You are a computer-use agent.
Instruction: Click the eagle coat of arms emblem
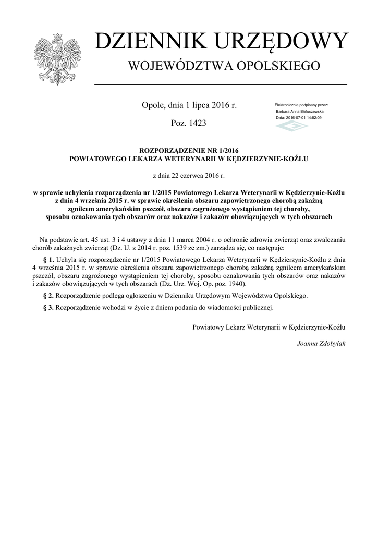[x=57, y=59]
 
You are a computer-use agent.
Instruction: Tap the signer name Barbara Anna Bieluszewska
[x=299, y=112]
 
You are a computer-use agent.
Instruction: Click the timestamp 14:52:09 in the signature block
[x=311, y=118]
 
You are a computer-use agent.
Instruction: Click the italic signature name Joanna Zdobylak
[x=321, y=344]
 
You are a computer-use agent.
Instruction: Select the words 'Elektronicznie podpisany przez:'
[x=301, y=105]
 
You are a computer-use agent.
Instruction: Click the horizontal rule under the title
[x=220, y=84]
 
